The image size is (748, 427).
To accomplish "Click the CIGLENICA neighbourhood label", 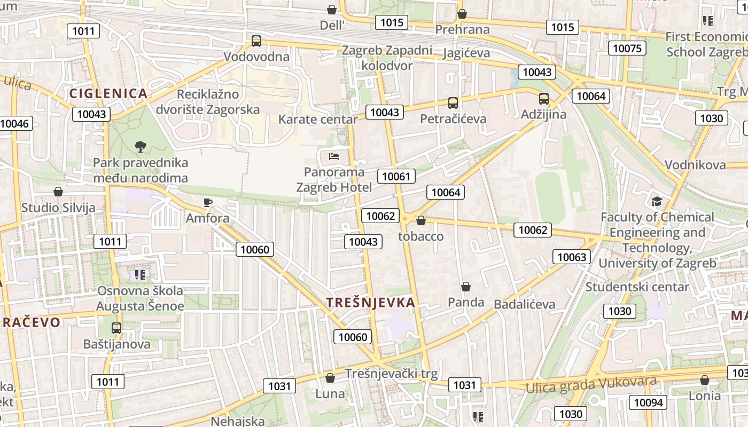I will (108, 93).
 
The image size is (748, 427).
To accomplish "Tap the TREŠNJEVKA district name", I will (371, 303).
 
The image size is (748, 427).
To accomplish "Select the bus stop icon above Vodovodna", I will (256, 41).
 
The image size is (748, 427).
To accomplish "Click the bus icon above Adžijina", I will (544, 99).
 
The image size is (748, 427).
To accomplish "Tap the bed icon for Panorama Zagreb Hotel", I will (334, 156).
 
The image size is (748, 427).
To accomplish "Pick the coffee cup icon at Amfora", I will (208, 202).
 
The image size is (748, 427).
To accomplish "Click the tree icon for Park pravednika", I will (141, 146).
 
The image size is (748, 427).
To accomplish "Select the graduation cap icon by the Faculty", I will (657, 201).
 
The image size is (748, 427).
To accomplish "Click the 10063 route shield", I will (572, 257).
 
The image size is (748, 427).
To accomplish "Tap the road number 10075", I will (627, 49).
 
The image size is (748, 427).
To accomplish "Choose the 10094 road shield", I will (648, 402).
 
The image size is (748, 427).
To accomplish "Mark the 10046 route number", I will (15, 124).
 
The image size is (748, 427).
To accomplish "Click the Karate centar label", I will (317, 119).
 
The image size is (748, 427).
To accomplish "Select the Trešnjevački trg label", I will (391, 373).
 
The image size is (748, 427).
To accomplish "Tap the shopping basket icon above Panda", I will (466, 287).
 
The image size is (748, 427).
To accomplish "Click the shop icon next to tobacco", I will (421, 220).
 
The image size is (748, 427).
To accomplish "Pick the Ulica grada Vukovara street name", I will (591, 384).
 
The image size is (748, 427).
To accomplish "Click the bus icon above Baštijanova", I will (116, 328).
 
